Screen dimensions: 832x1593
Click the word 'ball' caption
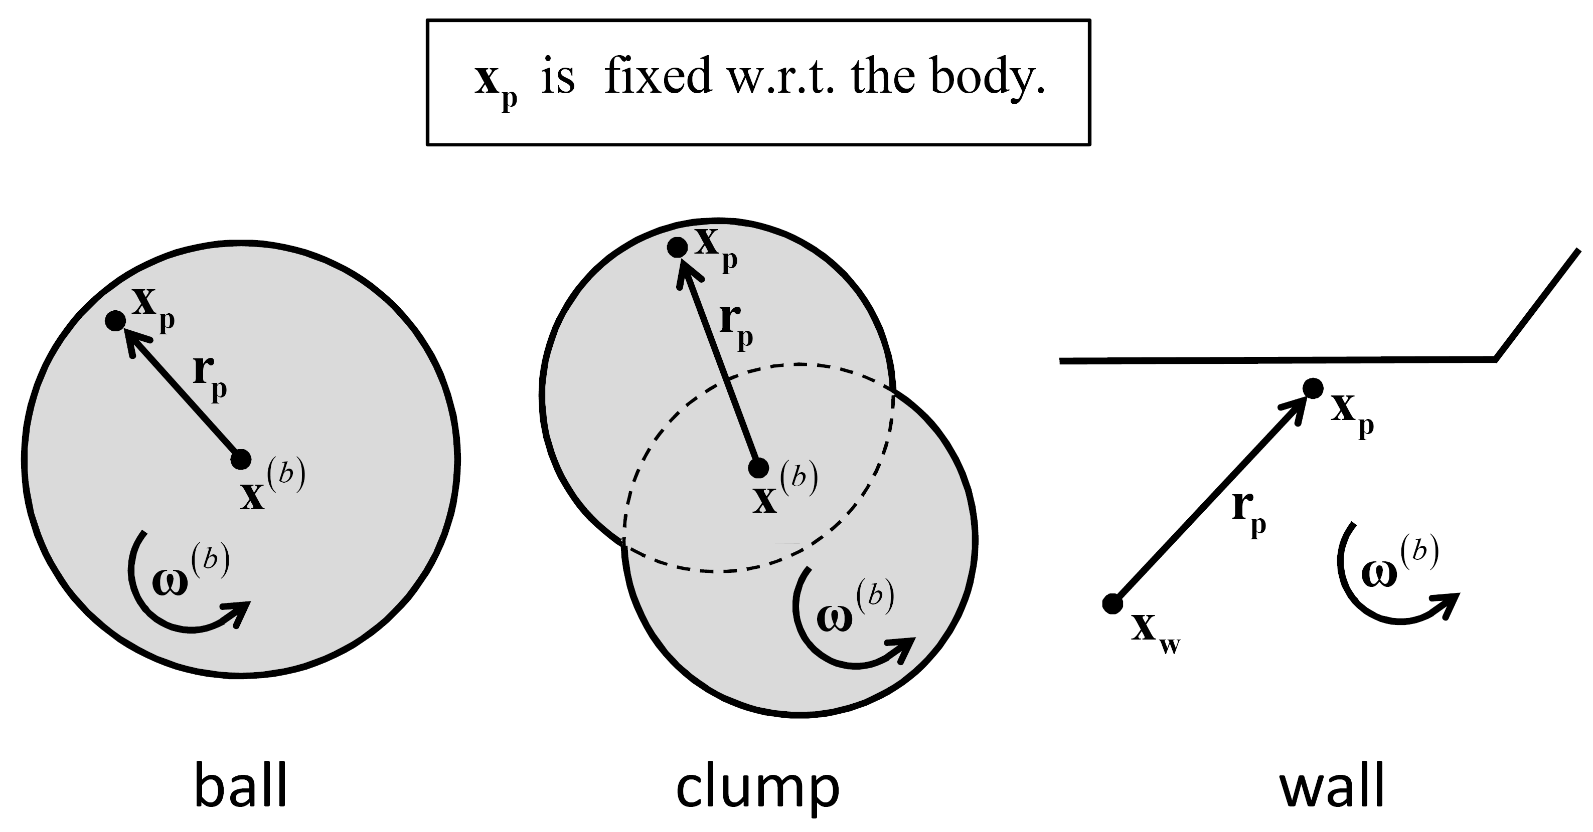coord(241,786)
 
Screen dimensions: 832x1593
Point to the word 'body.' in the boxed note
coord(988,79)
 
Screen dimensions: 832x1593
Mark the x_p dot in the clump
coord(677,247)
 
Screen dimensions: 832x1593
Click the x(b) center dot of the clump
coord(758,468)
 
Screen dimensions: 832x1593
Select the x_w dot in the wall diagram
coord(1112,603)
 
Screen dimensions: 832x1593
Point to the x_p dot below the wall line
coord(1313,388)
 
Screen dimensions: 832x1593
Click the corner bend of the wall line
coord(1495,358)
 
